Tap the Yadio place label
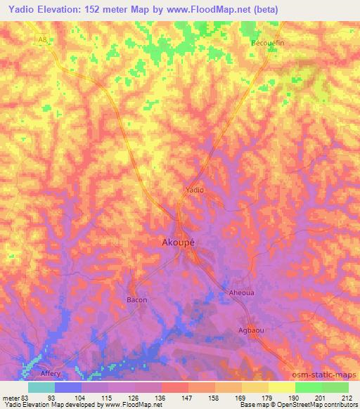(194, 190)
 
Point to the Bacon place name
(136, 300)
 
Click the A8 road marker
(42, 39)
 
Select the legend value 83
(27, 398)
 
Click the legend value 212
(348, 398)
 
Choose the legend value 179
(268, 398)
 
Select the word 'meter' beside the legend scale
(11, 398)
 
